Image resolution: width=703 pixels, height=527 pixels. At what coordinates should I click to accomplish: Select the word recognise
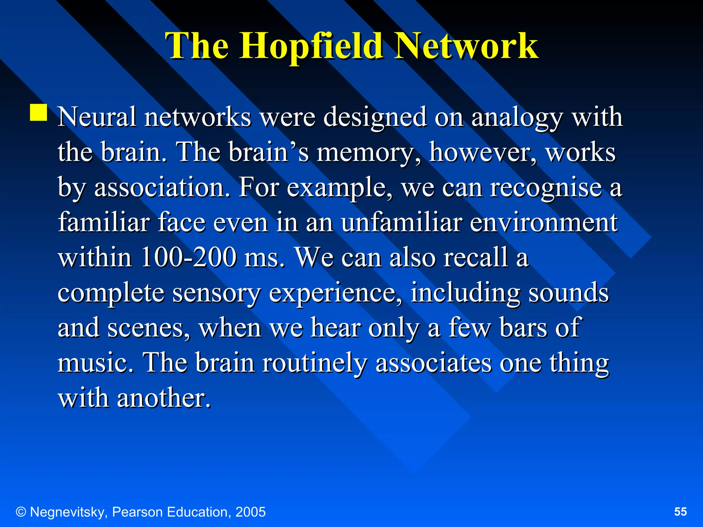click(546, 188)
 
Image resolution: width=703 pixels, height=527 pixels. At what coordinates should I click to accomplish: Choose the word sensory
click(216, 294)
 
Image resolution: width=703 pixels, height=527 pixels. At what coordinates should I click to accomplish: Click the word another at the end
click(164, 399)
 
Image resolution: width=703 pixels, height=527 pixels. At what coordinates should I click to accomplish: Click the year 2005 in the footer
click(250, 512)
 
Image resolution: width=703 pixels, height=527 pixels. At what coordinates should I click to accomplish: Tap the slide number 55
click(680, 512)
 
